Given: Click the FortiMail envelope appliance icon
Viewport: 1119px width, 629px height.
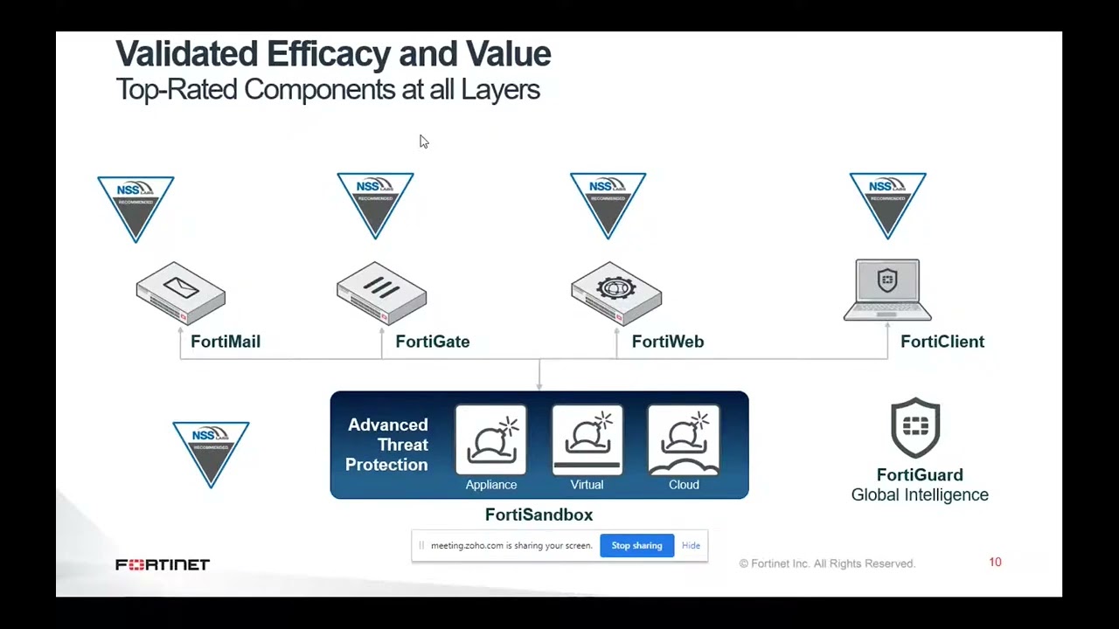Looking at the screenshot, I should pyautogui.click(x=181, y=293).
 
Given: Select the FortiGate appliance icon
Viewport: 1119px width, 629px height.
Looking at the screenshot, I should pyautogui.click(x=381, y=293).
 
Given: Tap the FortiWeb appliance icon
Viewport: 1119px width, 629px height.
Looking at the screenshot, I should pyautogui.click(x=616, y=293).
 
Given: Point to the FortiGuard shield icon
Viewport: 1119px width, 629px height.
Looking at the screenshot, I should pyautogui.click(x=915, y=428).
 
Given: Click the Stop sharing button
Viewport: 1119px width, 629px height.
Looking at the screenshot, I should pyautogui.click(x=636, y=545).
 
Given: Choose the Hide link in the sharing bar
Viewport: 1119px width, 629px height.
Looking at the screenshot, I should pyautogui.click(x=691, y=545).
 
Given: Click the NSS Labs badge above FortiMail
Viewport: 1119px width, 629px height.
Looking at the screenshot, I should pyautogui.click(x=136, y=206).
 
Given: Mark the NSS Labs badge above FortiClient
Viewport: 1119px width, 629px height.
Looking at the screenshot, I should pyautogui.click(x=887, y=204).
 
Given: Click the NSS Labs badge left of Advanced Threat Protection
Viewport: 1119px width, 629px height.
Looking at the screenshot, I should pyautogui.click(x=211, y=452).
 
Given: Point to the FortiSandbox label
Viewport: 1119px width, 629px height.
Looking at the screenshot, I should pyautogui.click(x=539, y=515).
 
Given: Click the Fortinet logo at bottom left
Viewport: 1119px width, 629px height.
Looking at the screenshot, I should pyautogui.click(x=163, y=565).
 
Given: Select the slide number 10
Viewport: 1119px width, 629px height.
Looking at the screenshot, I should pyautogui.click(x=995, y=562).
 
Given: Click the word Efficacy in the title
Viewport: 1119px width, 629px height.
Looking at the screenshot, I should pyautogui.click(x=329, y=54).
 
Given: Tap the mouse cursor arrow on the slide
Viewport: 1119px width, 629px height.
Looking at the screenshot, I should pyautogui.click(x=423, y=142).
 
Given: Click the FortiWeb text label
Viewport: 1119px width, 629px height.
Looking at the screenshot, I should pyautogui.click(x=668, y=342).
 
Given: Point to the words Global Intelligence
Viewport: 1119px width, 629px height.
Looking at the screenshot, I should pyautogui.click(x=920, y=494).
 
